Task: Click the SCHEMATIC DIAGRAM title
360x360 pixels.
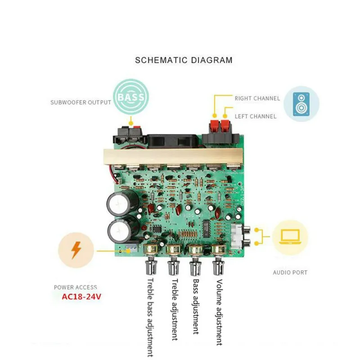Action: click(184, 60)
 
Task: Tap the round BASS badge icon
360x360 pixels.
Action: click(131, 97)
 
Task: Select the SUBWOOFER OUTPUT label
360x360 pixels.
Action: click(81, 103)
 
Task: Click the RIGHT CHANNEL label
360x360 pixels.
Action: click(257, 99)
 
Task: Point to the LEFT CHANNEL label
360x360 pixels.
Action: click(255, 117)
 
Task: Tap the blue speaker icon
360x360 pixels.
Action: click(301, 104)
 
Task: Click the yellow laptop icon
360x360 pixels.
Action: click(290, 237)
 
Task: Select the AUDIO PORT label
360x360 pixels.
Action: click(290, 273)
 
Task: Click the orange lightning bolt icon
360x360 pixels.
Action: click(76, 250)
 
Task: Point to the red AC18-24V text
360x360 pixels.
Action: click(81, 297)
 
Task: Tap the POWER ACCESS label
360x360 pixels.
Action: click(75, 287)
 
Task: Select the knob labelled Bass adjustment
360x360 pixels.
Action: click(196, 260)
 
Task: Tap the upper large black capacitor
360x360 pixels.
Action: click(122, 202)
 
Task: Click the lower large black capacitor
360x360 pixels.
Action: click(123, 229)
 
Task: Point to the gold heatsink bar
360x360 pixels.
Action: click(173, 157)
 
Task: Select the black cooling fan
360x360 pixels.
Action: click(173, 141)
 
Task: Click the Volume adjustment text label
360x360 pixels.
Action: click(219, 312)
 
